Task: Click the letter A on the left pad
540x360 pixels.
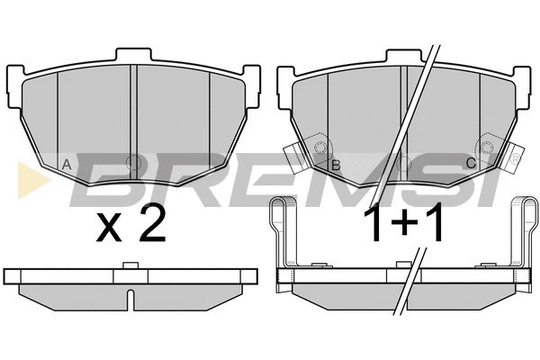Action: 67,165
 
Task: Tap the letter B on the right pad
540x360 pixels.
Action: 336,166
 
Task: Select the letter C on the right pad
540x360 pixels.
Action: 471,163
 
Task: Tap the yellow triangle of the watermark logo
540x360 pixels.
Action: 32,180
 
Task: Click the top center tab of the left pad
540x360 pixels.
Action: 133,54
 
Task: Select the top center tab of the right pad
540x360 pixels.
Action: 403,56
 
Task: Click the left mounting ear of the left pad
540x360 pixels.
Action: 14,86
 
